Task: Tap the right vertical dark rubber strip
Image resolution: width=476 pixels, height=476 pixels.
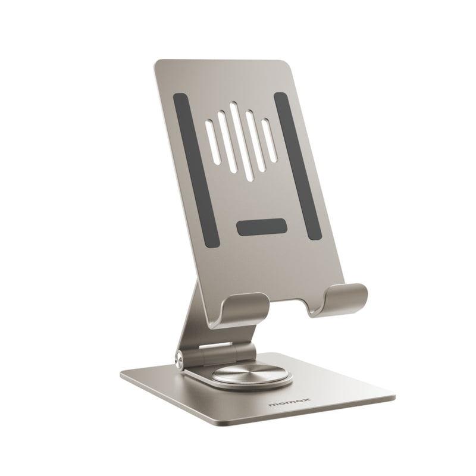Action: pyautogui.click(x=297, y=166)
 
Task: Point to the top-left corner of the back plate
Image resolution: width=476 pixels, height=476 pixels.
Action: pyautogui.click(x=157, y=62)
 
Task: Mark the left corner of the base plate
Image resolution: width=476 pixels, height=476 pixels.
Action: pyautogui.click(x=122, y=374)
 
